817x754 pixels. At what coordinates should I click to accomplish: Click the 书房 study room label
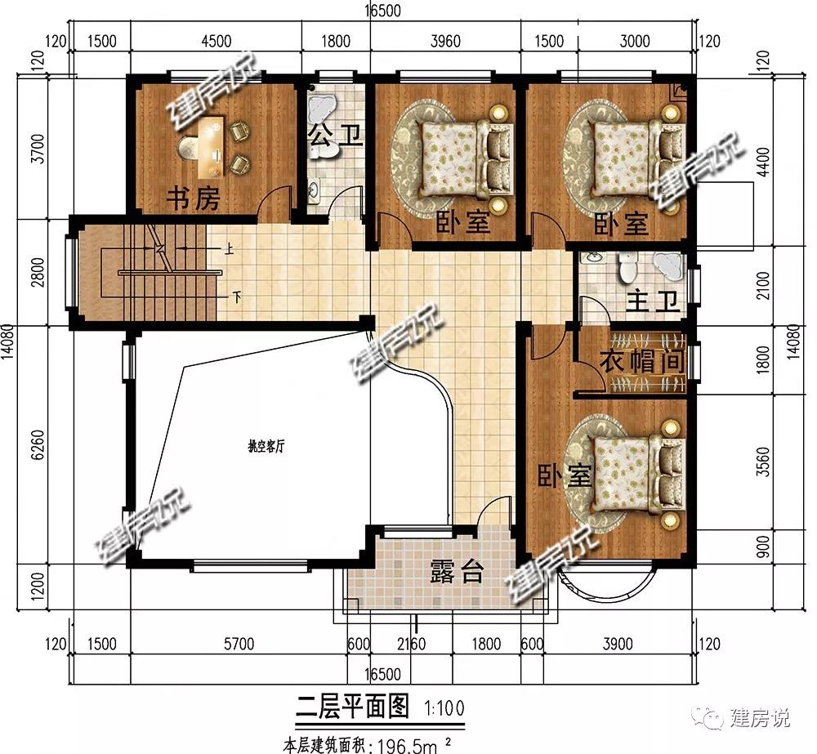(x=194, y=199)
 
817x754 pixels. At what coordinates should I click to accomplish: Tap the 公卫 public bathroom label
(x=336, y=136)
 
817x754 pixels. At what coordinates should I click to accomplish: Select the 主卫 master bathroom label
(x=653, y=301)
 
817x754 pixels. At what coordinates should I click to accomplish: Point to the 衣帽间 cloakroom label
(x=642, y=361)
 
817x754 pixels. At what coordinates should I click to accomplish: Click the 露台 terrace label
(x=457, y=572)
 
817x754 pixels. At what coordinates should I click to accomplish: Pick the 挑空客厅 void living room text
(x=266, y=447)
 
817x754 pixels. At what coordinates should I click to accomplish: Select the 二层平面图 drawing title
(x=352, y=707)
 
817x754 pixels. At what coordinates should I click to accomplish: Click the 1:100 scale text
(x=444, y=708)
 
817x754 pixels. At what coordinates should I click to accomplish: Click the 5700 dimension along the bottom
(x=239, y=644)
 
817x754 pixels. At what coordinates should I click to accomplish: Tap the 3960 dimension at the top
(x=445, y=41)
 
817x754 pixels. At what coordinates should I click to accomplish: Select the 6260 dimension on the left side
(x=38, y=445)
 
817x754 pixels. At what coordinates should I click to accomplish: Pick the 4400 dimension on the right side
(x=762, y=162)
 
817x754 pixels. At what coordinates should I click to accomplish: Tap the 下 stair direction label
(x=237, y=298)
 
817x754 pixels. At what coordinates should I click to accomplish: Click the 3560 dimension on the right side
(x=763, y=462)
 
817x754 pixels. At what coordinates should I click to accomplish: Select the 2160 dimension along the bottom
(x=411, y=644)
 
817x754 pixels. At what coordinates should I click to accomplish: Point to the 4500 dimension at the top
(x=217, y=41)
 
